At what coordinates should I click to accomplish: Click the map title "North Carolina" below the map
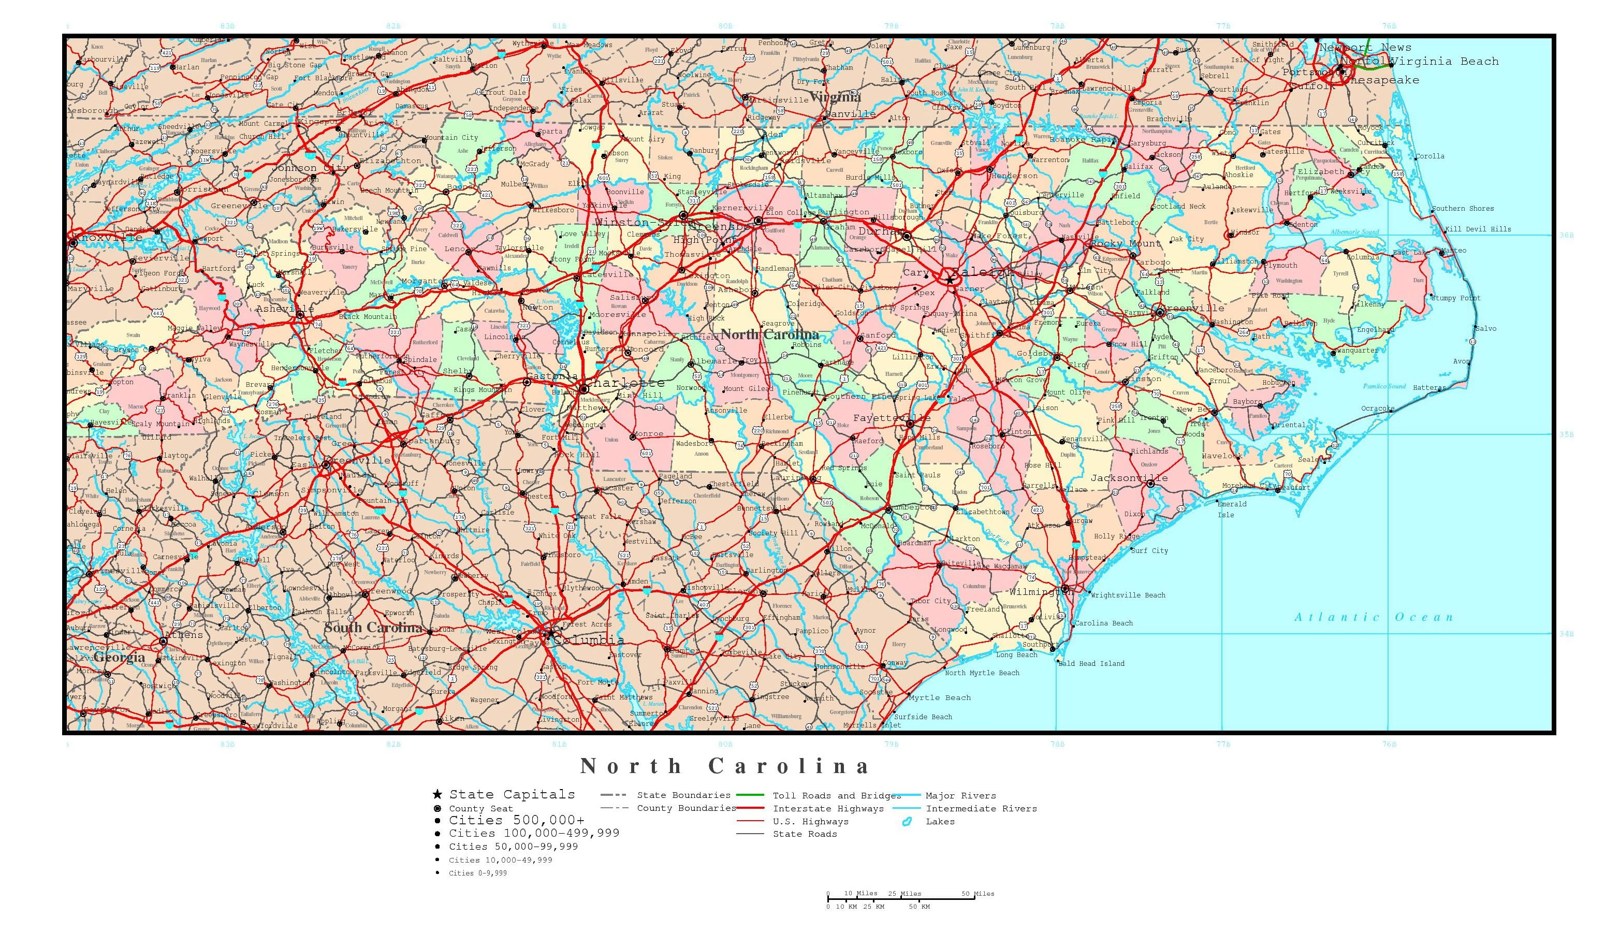coord(725,766)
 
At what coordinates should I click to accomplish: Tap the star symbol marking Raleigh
coord(950,279)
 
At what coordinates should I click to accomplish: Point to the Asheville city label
coord(285,309)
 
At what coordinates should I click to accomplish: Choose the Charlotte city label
coord(625,383)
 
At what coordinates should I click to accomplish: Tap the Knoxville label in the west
coord(107,237)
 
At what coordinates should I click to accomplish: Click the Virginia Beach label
coord(1444,61)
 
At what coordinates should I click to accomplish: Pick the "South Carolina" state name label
coord(373,628)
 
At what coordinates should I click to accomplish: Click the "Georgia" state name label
coord(120,657)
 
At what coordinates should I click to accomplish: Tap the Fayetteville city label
coord(892,418)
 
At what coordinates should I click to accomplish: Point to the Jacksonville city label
coord(1129,478)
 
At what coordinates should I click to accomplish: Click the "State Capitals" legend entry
coord(512,794)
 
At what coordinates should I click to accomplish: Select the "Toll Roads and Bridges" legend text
coord(837,796)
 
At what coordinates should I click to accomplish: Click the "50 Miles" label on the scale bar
coord(977,893)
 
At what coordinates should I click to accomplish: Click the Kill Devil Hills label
coord(1478,229)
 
